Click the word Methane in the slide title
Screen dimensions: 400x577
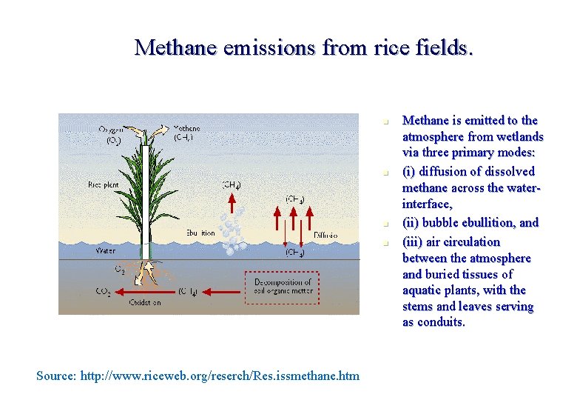click(175, 47)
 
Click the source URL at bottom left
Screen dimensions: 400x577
click(198, 376)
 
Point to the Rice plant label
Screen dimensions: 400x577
click(104, 184)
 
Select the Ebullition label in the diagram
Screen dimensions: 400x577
click(197, 233)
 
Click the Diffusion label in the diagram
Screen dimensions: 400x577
click(325, 235)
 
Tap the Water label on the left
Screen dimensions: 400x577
click(106, 251)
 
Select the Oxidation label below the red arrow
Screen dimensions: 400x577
click(146, 303)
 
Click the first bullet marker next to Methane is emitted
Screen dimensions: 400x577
click(386, 121)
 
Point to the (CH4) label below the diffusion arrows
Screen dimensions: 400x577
click(295, 253)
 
